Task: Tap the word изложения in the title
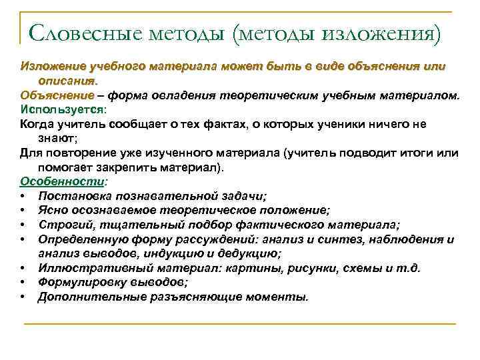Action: click(381, 33)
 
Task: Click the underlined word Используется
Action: click(62, 109)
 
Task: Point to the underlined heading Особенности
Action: click(62, 181)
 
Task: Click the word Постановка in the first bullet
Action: click(73, 195)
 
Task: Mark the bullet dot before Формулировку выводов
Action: click(23, 282)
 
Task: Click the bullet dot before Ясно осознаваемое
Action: click(23, 210)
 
